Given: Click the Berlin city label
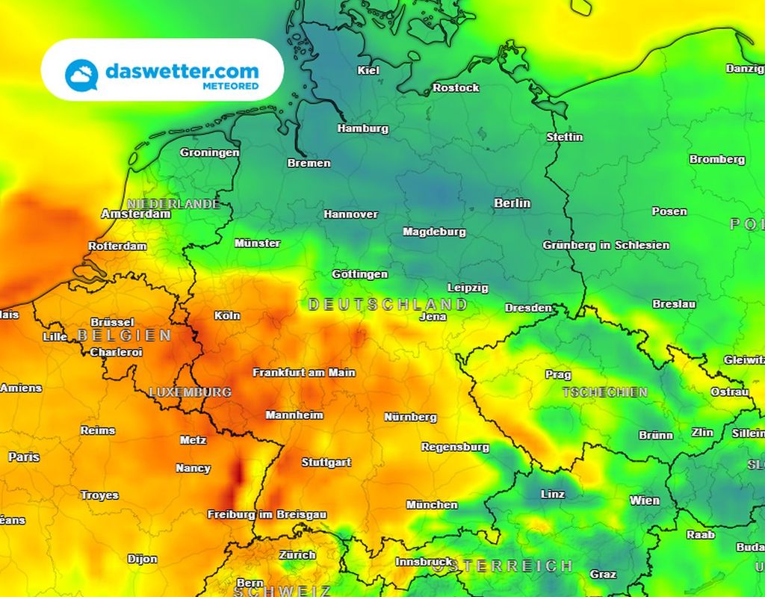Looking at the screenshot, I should [x=512, y=202].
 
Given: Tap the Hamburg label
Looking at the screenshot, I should [x=362, y=129].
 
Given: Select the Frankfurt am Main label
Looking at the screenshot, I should [x=304, y=372].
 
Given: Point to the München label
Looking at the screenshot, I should [x=432, y=505].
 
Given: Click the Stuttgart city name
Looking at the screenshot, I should [x=326, y=463].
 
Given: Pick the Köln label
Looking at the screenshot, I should [x=227, y=315].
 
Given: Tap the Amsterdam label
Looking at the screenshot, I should [x=136, y=214].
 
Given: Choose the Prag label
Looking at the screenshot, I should [x=558, y=375].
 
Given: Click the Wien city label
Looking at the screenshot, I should [x=644, y=501].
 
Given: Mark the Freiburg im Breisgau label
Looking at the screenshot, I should [x=267, y=515].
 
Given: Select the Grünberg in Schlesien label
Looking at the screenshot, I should [x=606, y=245].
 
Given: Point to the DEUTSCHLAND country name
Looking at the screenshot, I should [x=388, y=304].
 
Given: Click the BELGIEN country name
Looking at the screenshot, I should [x=124, y=335].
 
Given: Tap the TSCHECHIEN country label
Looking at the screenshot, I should [x=604, y=392].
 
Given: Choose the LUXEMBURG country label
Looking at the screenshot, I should [x=190, y=392].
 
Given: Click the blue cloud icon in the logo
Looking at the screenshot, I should [x=81, y=75].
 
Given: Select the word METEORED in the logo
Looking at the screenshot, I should [x=231, y=86].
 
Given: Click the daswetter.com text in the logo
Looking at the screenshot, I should [x=182, y=71].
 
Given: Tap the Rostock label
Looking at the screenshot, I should [x=456, y=87].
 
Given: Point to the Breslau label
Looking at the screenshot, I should [x=674, y=304].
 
